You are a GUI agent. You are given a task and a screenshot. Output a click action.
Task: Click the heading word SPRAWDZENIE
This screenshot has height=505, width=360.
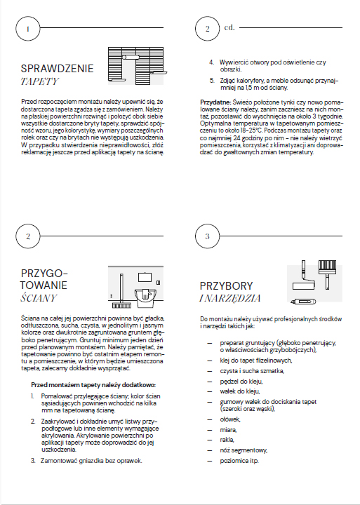57,68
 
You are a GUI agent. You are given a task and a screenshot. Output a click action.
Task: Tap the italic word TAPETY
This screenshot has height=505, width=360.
39,81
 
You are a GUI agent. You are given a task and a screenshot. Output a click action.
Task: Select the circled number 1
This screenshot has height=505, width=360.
27,29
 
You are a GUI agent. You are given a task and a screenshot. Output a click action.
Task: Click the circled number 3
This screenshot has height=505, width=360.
207,236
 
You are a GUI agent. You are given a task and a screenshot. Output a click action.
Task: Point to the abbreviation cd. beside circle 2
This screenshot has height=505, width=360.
229,27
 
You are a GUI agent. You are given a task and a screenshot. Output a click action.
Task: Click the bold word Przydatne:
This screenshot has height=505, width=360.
215,102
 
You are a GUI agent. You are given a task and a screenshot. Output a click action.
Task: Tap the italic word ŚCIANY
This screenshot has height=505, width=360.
39,298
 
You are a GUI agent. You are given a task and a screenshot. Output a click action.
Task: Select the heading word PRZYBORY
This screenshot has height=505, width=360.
226,286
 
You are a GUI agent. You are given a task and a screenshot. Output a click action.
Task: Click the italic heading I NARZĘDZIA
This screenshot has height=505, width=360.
230,299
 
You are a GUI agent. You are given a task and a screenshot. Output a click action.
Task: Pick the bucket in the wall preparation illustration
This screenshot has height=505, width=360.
145,296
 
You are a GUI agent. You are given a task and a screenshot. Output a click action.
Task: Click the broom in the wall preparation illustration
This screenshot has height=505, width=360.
121,291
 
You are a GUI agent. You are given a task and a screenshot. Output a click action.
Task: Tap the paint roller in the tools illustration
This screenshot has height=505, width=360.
303,276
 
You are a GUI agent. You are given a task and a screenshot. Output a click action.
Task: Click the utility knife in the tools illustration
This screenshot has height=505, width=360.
303,302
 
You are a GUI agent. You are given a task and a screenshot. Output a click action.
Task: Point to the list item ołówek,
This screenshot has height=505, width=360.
230,419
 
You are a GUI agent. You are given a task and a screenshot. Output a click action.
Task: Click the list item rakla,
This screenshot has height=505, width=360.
227,440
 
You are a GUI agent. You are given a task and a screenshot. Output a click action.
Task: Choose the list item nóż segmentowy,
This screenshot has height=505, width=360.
244,450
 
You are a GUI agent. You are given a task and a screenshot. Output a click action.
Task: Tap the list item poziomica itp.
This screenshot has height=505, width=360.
239,461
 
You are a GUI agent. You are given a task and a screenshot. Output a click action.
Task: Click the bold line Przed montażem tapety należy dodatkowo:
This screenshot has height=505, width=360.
93,385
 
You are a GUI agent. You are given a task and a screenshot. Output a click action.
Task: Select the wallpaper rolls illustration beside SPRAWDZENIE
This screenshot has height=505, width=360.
138,66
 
